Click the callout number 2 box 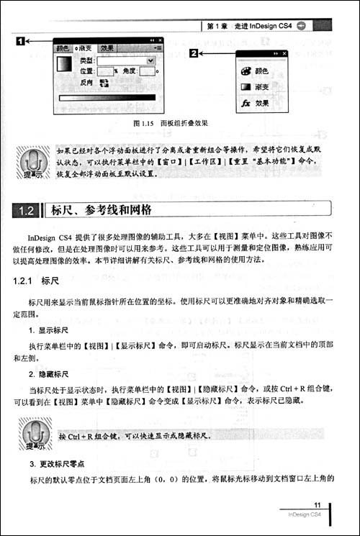pos(194,53)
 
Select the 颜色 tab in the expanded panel pos(63,48)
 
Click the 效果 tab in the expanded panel pos(107,48)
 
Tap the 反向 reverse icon pos(103,82)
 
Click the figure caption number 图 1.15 pos(145,123)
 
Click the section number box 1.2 pos(27,211)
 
